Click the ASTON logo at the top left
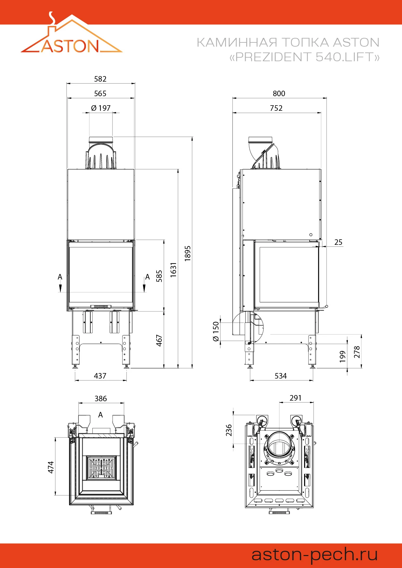pyautogui.click(x=71, y=33)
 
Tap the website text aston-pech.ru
pyautogui.click(x=315, y=555)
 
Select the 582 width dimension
pyautogui.click(x=100, y=79)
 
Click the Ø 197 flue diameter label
pyautogui.click(x=101, y=108)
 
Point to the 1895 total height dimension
pyautogui.click(x=188, y=253)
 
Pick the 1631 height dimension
pyautogui.click(x=173, y=269)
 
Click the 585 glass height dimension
pyautogui.click(x=159, y=276)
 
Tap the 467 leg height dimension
pyautogui.click(x=159, y=340)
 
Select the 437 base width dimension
pyautogui.click(x=100, y=376)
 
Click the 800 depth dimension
pyautogui.click(x=279, y=94)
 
